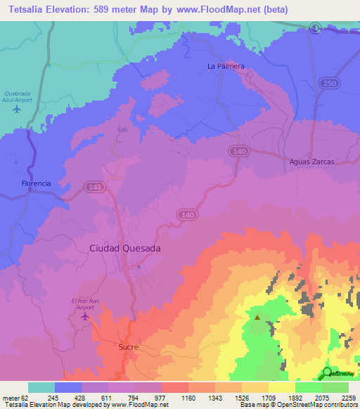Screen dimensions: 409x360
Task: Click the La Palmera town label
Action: click(x=225, y=66)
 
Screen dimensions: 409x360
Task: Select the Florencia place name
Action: click(x=35, y=183)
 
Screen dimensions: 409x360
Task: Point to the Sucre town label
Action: click(x=129, y=347)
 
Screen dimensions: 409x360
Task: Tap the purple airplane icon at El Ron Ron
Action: click(x=86, y=316)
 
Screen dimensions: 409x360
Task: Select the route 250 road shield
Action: click(x=327, y=84)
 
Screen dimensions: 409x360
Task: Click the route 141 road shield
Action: click(x=94, y=186)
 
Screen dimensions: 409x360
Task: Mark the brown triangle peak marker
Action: click(x=257, y=317)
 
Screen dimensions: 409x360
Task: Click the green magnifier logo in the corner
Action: click(x=328, y=372)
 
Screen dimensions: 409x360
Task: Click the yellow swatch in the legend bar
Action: click(x=281, y=387)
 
